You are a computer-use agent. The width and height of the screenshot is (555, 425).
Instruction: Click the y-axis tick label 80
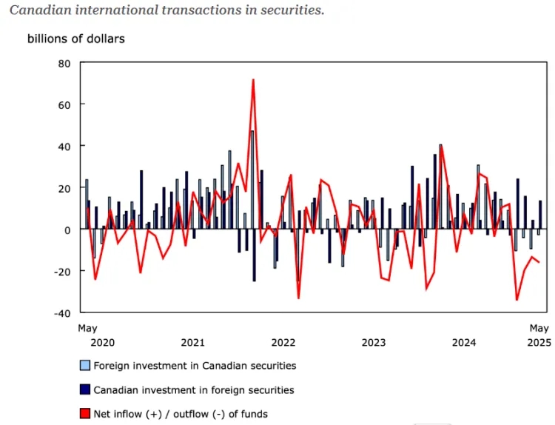64,64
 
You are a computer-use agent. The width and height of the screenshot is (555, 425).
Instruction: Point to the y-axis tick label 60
64,105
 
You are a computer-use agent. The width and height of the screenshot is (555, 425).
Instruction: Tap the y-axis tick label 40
64,147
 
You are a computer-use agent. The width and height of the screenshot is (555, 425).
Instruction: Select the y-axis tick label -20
61,271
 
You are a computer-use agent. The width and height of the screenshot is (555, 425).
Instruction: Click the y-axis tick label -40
61,312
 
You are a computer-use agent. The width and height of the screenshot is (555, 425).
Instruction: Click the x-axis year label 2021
192,343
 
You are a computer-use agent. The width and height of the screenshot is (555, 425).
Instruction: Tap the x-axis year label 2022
283,343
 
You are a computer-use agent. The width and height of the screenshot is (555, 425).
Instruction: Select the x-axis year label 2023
374,343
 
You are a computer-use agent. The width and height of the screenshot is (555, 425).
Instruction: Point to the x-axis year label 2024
464,343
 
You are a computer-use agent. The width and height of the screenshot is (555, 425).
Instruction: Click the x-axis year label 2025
539,343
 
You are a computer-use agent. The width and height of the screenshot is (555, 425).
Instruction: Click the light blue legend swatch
85,366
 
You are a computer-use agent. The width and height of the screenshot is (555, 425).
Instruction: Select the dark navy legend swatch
85,390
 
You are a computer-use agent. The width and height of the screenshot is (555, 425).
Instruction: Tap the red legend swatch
85,414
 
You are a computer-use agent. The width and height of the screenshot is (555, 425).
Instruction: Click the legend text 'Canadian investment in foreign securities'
194,390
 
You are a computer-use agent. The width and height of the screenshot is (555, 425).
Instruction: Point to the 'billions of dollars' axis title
76,39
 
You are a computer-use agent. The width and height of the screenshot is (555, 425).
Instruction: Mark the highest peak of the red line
253,80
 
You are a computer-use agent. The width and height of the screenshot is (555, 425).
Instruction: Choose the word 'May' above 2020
87,328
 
